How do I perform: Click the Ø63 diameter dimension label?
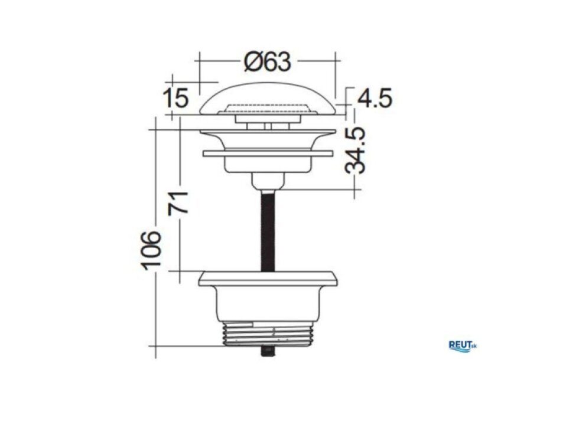click(x=268, y=61)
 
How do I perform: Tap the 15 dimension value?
click(x=176, y=98)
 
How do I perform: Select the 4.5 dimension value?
click(x=375, y=99)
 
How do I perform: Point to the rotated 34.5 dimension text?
click(x=355, y=150)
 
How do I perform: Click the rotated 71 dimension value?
click(x=178, y=203)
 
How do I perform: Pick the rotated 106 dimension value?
click(x=151, y=250)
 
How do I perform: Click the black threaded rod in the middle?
click(x=268, y=231)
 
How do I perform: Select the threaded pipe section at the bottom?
click(x=268, y=334)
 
